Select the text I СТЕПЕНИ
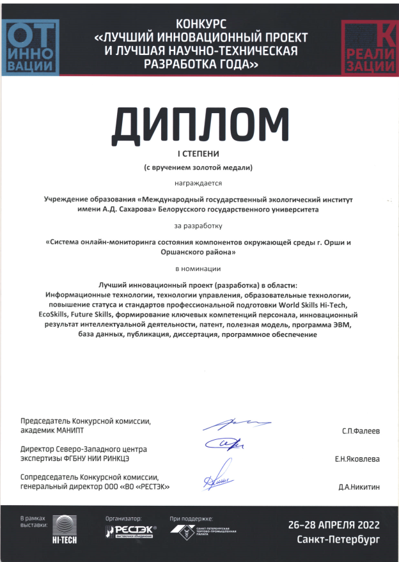click(198, 154)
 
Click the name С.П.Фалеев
click(361, 432)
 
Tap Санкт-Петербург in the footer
click(338, 540)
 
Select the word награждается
click(198, 183)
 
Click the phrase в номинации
click(198, 269)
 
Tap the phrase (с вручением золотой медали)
click(198, 168)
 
